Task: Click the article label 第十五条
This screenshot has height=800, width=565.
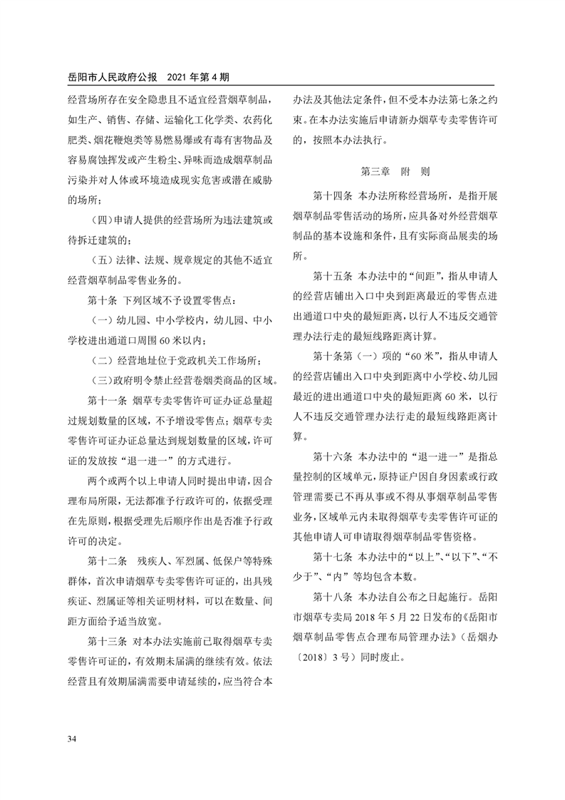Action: [332, 275]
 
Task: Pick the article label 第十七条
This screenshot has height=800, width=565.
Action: [332, 555]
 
